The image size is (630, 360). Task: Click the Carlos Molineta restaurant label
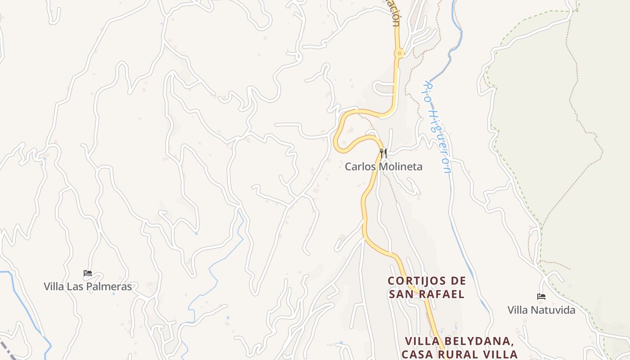click(x=383, y=166)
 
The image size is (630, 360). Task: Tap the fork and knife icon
click(x=383, y=153)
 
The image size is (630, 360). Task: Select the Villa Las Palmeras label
click(x=88, y=286)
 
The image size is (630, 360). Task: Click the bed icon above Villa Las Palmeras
click(x=88, y=273)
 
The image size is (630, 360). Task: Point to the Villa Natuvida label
click(x=541, y=310)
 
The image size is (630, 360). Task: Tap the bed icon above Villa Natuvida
click(x=541, y=297)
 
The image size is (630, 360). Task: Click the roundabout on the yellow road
click(x=399, y=54)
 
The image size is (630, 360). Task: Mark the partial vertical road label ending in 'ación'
click(x=395, y=13)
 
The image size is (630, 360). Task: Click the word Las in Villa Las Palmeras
click(x=77, y=286)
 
